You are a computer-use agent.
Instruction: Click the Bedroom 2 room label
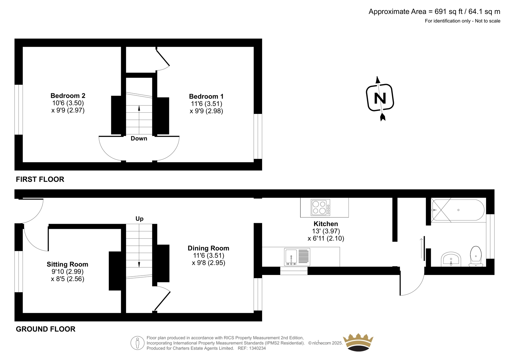click(68, 95)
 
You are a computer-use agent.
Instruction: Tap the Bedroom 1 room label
click(206, 96)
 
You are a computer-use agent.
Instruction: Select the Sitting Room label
click(67, 264)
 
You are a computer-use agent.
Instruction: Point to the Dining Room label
click(208, 248)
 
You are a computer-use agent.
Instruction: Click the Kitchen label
click(326, 224)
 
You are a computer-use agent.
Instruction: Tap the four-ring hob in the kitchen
click(320, 208)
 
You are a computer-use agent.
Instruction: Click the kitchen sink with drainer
click(297, 257)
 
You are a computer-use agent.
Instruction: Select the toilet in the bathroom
click(476, 256)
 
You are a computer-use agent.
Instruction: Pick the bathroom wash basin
click(451, 259)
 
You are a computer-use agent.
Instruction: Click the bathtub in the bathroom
click(458, 210)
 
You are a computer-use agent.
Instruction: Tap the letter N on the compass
click(380, 98)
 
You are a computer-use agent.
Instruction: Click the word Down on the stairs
click(139, 138)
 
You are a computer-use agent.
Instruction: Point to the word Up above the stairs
click(140, 219)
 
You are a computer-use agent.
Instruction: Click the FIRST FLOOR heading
click(40, 180)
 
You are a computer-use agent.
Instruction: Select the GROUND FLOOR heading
click(45, 329)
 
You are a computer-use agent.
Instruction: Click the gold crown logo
click(358, 342)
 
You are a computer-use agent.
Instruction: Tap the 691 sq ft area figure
click(449, 11)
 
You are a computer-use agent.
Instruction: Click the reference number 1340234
click(257, 348)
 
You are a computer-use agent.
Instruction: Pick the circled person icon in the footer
click(137, 343)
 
